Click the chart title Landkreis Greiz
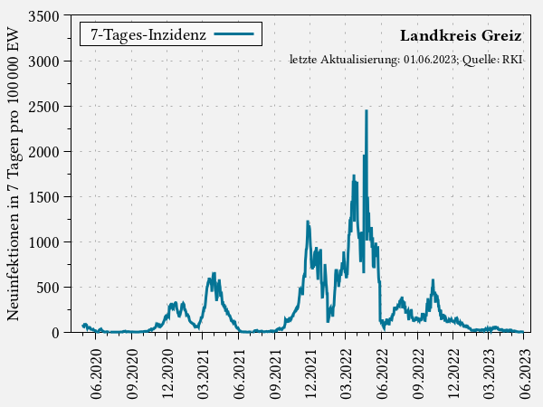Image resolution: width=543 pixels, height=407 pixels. pos(460,36)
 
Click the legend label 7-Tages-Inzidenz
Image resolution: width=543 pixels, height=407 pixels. pos(148,34)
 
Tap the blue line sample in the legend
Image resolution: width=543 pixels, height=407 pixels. pos(236,34)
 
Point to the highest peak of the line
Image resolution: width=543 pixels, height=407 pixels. pos(367,110)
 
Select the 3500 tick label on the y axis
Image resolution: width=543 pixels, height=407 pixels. pos(42,16)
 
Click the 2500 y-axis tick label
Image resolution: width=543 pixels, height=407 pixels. pos(42,107)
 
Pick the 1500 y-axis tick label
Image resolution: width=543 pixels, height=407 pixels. pos(42,197)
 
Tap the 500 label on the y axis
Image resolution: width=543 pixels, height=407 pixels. pos(47,288)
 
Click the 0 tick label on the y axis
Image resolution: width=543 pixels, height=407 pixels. pos(54,333)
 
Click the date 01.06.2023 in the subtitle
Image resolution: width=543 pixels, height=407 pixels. pos(430,60)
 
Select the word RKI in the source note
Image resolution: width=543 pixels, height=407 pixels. pos(511,60)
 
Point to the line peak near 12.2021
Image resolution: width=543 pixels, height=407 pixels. pos(309,222)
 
